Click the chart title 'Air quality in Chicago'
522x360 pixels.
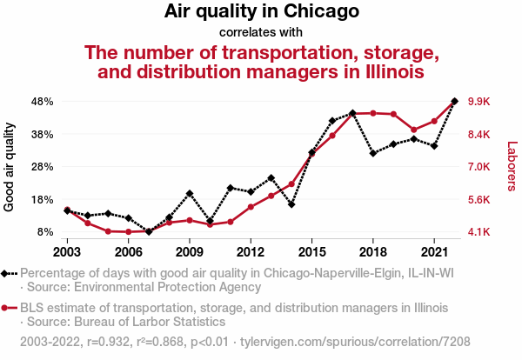[261, 13]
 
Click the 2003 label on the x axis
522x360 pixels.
[67, 251]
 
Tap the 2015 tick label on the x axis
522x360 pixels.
[311, 251]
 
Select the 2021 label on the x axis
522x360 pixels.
[433, 251]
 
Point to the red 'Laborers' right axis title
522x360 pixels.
[512, 167]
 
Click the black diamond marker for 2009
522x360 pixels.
[189, 193]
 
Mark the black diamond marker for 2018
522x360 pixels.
[372, 153]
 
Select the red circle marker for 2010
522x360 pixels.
[210, 224]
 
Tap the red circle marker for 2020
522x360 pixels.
[413, 130]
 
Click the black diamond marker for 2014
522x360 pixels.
[291, 204]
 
